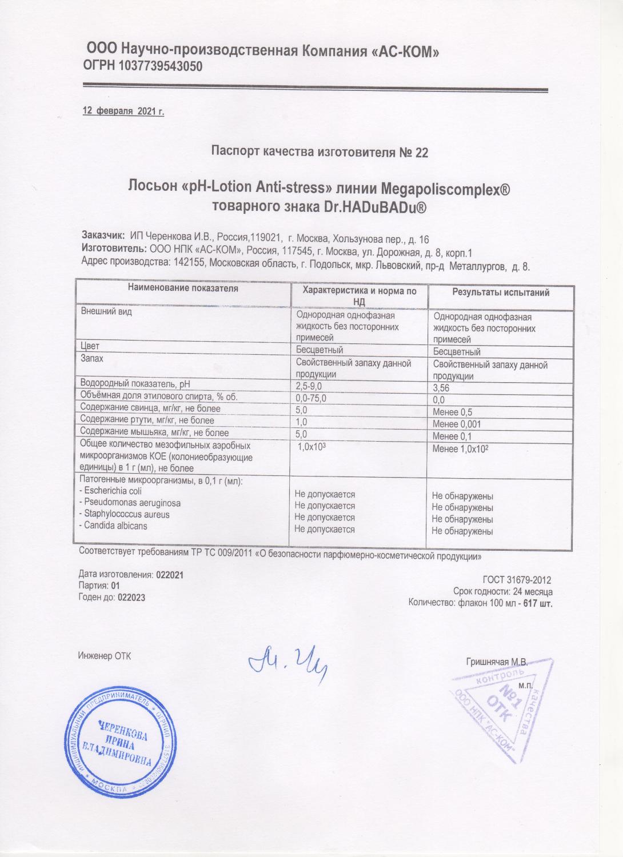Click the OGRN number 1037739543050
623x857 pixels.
tap(160, 67)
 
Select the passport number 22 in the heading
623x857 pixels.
tap(420, 152)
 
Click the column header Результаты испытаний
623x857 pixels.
tap(501, 293)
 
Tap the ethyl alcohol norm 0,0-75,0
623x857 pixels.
tap(313, 398)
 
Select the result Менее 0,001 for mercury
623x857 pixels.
tap(457, 424)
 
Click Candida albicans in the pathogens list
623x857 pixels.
tap(115, 526)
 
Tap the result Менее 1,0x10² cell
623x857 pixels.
tap(460, 449)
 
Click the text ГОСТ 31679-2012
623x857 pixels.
tap(517, 580)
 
